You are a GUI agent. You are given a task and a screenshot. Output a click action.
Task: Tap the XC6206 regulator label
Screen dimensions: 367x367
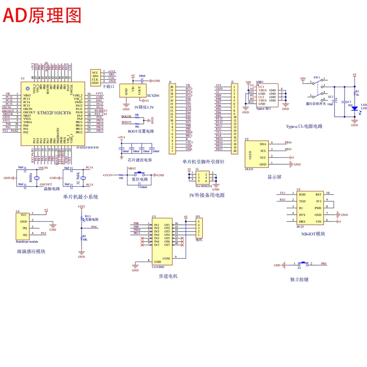(x=153, y=95)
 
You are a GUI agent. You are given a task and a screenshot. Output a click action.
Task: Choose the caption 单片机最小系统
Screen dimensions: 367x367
(x=81, y=197)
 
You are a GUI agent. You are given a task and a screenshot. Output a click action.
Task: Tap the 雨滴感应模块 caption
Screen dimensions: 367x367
(x=30, y=251)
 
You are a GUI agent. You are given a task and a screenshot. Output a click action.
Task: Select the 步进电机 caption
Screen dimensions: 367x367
(x=168, y=276)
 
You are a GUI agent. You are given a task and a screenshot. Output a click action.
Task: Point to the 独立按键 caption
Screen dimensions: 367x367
(x=299, y=278)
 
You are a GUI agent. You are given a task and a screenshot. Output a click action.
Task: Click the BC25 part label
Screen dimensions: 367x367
(x=300, y=227)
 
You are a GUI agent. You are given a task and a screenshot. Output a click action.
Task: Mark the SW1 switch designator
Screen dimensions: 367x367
(x=317, y=77)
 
